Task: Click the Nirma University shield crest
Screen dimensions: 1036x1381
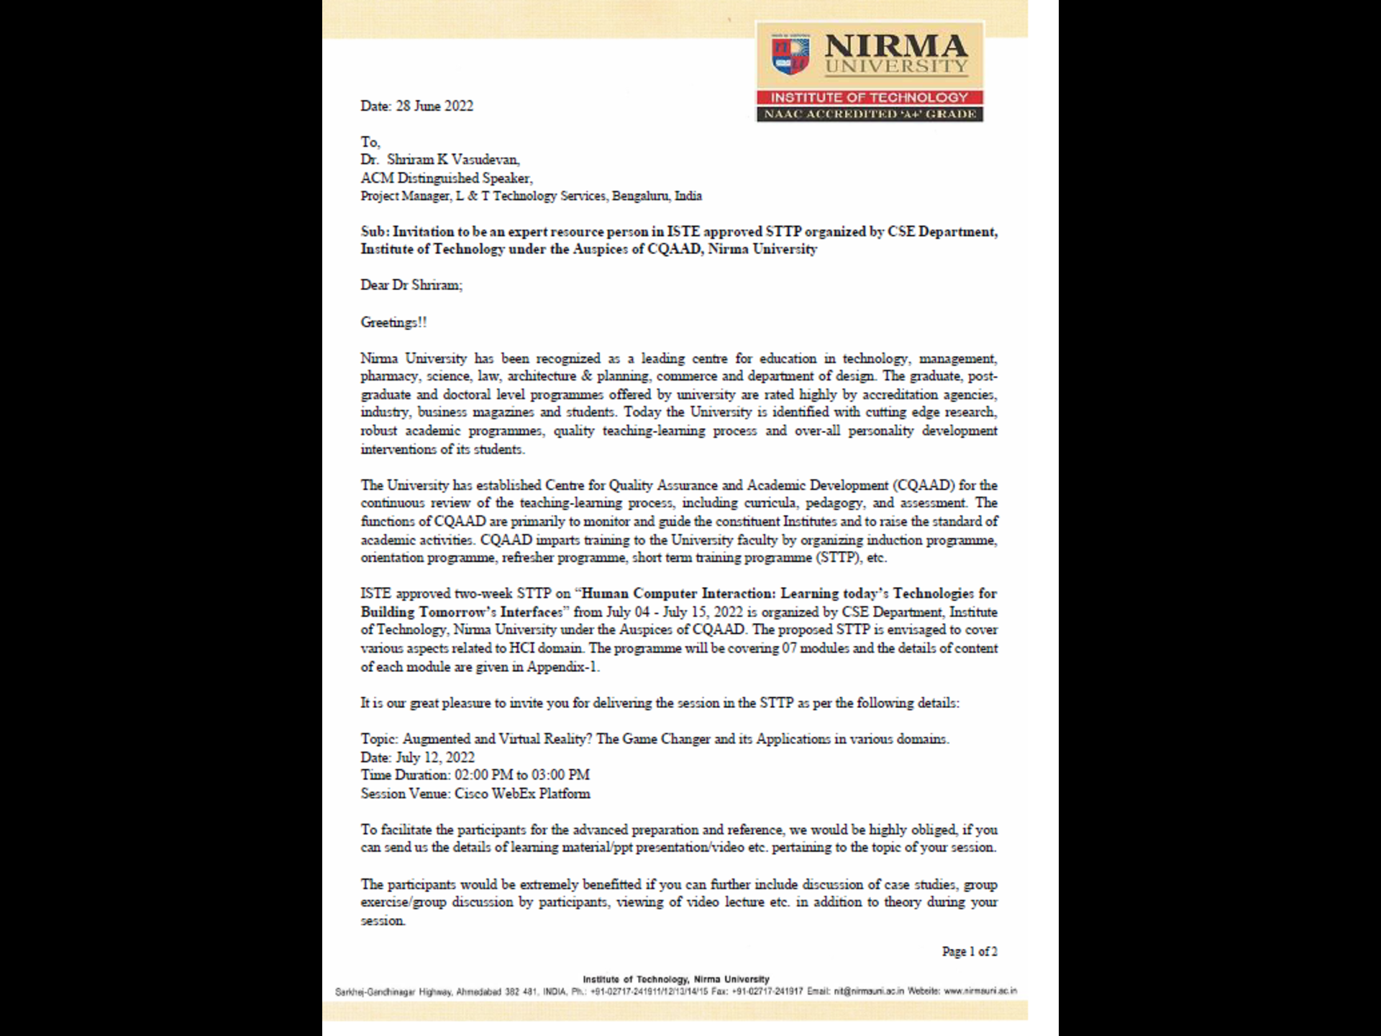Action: [790, 56]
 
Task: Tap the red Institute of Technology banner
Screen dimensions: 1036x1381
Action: [870, 98]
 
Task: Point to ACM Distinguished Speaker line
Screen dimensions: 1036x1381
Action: [447, 178]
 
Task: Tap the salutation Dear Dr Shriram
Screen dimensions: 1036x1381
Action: [411, 285]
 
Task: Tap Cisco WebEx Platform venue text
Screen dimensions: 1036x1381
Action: [522, 794]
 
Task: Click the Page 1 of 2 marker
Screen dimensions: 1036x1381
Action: [969, 951]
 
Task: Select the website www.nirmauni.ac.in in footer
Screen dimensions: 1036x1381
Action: [980, 991]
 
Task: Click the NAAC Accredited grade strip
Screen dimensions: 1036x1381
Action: [870, 114]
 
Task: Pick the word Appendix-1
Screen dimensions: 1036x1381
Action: [562, 666]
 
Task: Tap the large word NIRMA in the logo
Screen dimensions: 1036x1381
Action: [895, 46]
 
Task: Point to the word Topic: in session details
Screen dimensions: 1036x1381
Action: [379, 739]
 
